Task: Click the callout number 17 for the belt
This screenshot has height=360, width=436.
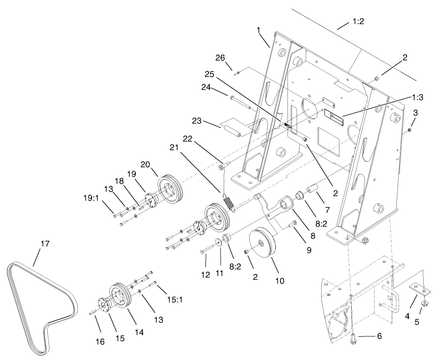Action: point(44,244)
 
